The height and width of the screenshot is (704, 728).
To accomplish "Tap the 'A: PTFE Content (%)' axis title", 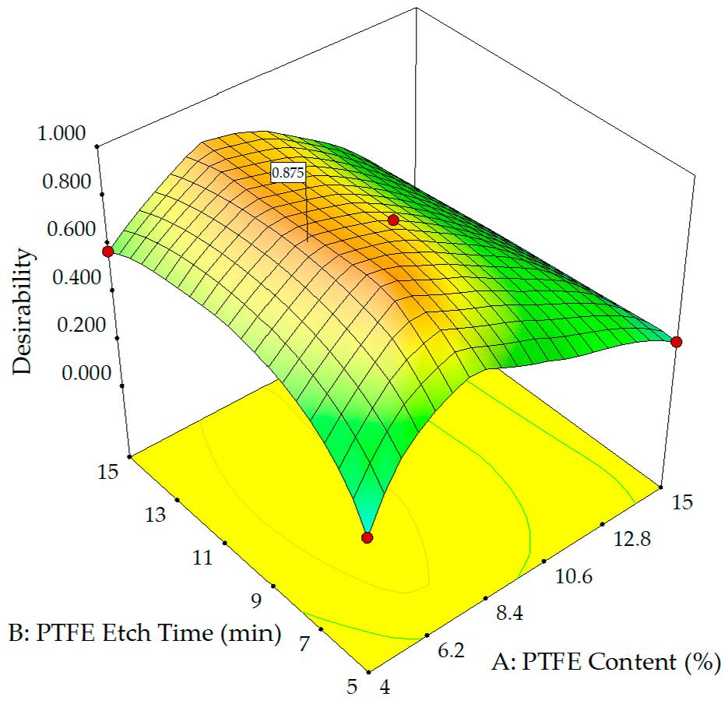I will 606,664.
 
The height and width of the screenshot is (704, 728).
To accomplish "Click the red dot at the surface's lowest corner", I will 368,537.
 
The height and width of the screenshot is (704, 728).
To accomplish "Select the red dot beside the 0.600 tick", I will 107,251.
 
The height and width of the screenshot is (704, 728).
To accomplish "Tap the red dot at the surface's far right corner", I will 676,342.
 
